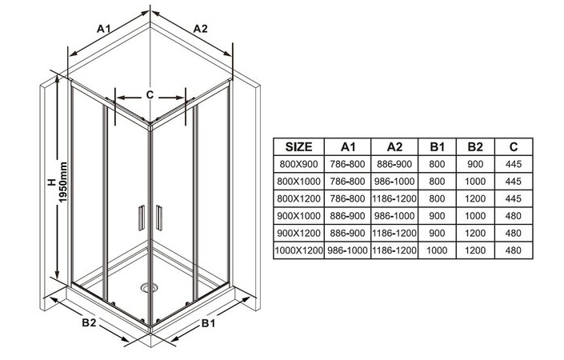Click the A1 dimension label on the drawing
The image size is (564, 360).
coord(103,28)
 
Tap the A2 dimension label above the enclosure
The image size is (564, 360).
coord(200,28)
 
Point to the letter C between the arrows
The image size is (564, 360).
coord(150,94)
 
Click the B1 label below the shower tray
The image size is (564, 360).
coord(208,323)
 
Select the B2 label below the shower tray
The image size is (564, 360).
coord(89,322)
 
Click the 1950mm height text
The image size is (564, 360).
coord(63,182)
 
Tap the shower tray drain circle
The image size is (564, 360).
coord(149,286)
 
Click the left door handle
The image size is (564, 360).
coord(142,218)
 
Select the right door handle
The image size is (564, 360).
coord(158,218)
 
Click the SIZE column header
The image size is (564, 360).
coord(298,146)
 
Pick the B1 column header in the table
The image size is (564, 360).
coord(437,146)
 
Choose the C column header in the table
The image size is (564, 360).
coord(514,146)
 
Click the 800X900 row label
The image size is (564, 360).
coord(298,164)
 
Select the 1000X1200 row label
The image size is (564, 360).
coord(298,250)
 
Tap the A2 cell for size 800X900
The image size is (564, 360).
coord(394,164)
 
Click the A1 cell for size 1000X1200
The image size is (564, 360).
coord(347,250)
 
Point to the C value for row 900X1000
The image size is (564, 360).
coord(514,216)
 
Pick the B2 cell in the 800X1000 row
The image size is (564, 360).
coord(475,182)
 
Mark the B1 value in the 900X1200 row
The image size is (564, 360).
coord(437,233)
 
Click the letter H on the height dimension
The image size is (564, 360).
coord(53,182)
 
